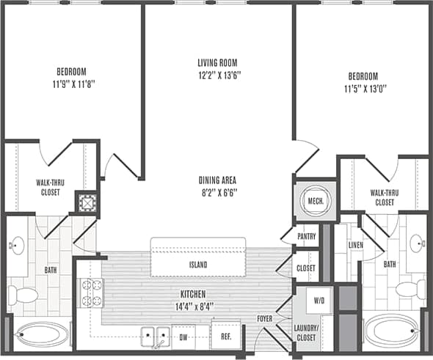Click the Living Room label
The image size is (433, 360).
tap(221, 62)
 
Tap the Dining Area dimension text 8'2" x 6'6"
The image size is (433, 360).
tap(221, 193)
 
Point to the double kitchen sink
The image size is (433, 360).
tap(153, 336)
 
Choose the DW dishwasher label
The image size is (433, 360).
tap(185, 338)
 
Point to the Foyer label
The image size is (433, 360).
tap(264, 319)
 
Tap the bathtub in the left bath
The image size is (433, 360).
tap(41, 334)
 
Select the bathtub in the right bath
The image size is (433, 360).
tap(391, 331)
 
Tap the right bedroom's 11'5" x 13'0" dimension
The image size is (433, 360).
tap(363, 89)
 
